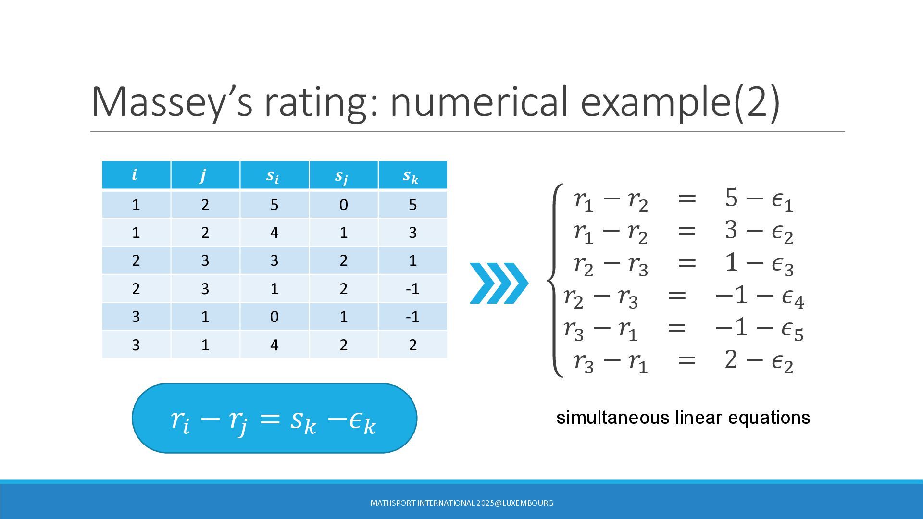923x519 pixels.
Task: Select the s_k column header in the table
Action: (412, 175)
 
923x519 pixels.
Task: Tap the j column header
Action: (205, 175)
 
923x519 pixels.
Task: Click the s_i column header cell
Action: (274, 175)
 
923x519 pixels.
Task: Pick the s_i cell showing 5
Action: (274, 205)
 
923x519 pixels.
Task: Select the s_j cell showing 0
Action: (343, 205)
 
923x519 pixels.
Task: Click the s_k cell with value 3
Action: (412, 233)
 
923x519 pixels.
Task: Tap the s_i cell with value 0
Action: (274, 317)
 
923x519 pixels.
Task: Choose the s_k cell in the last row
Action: (412, 345)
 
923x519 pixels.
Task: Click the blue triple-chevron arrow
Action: (499, 283)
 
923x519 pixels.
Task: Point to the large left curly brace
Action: (555, 280)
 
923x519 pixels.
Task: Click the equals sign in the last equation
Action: (686, 360)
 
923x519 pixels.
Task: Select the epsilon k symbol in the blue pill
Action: (362, 422)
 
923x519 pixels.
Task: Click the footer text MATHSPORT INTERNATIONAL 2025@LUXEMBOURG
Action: (461, 503)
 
